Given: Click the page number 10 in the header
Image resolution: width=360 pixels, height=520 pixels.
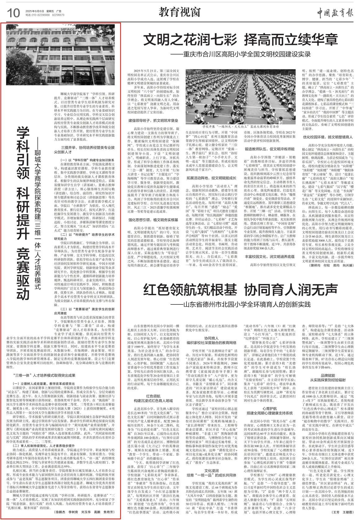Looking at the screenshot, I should pyautogui.click(x=12, y=13).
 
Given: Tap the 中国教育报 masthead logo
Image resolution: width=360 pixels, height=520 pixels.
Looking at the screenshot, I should pyautogui.click(x=335, y=12).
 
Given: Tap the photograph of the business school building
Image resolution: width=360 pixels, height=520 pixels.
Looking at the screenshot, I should pyautogui.click(x=63, y=55).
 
